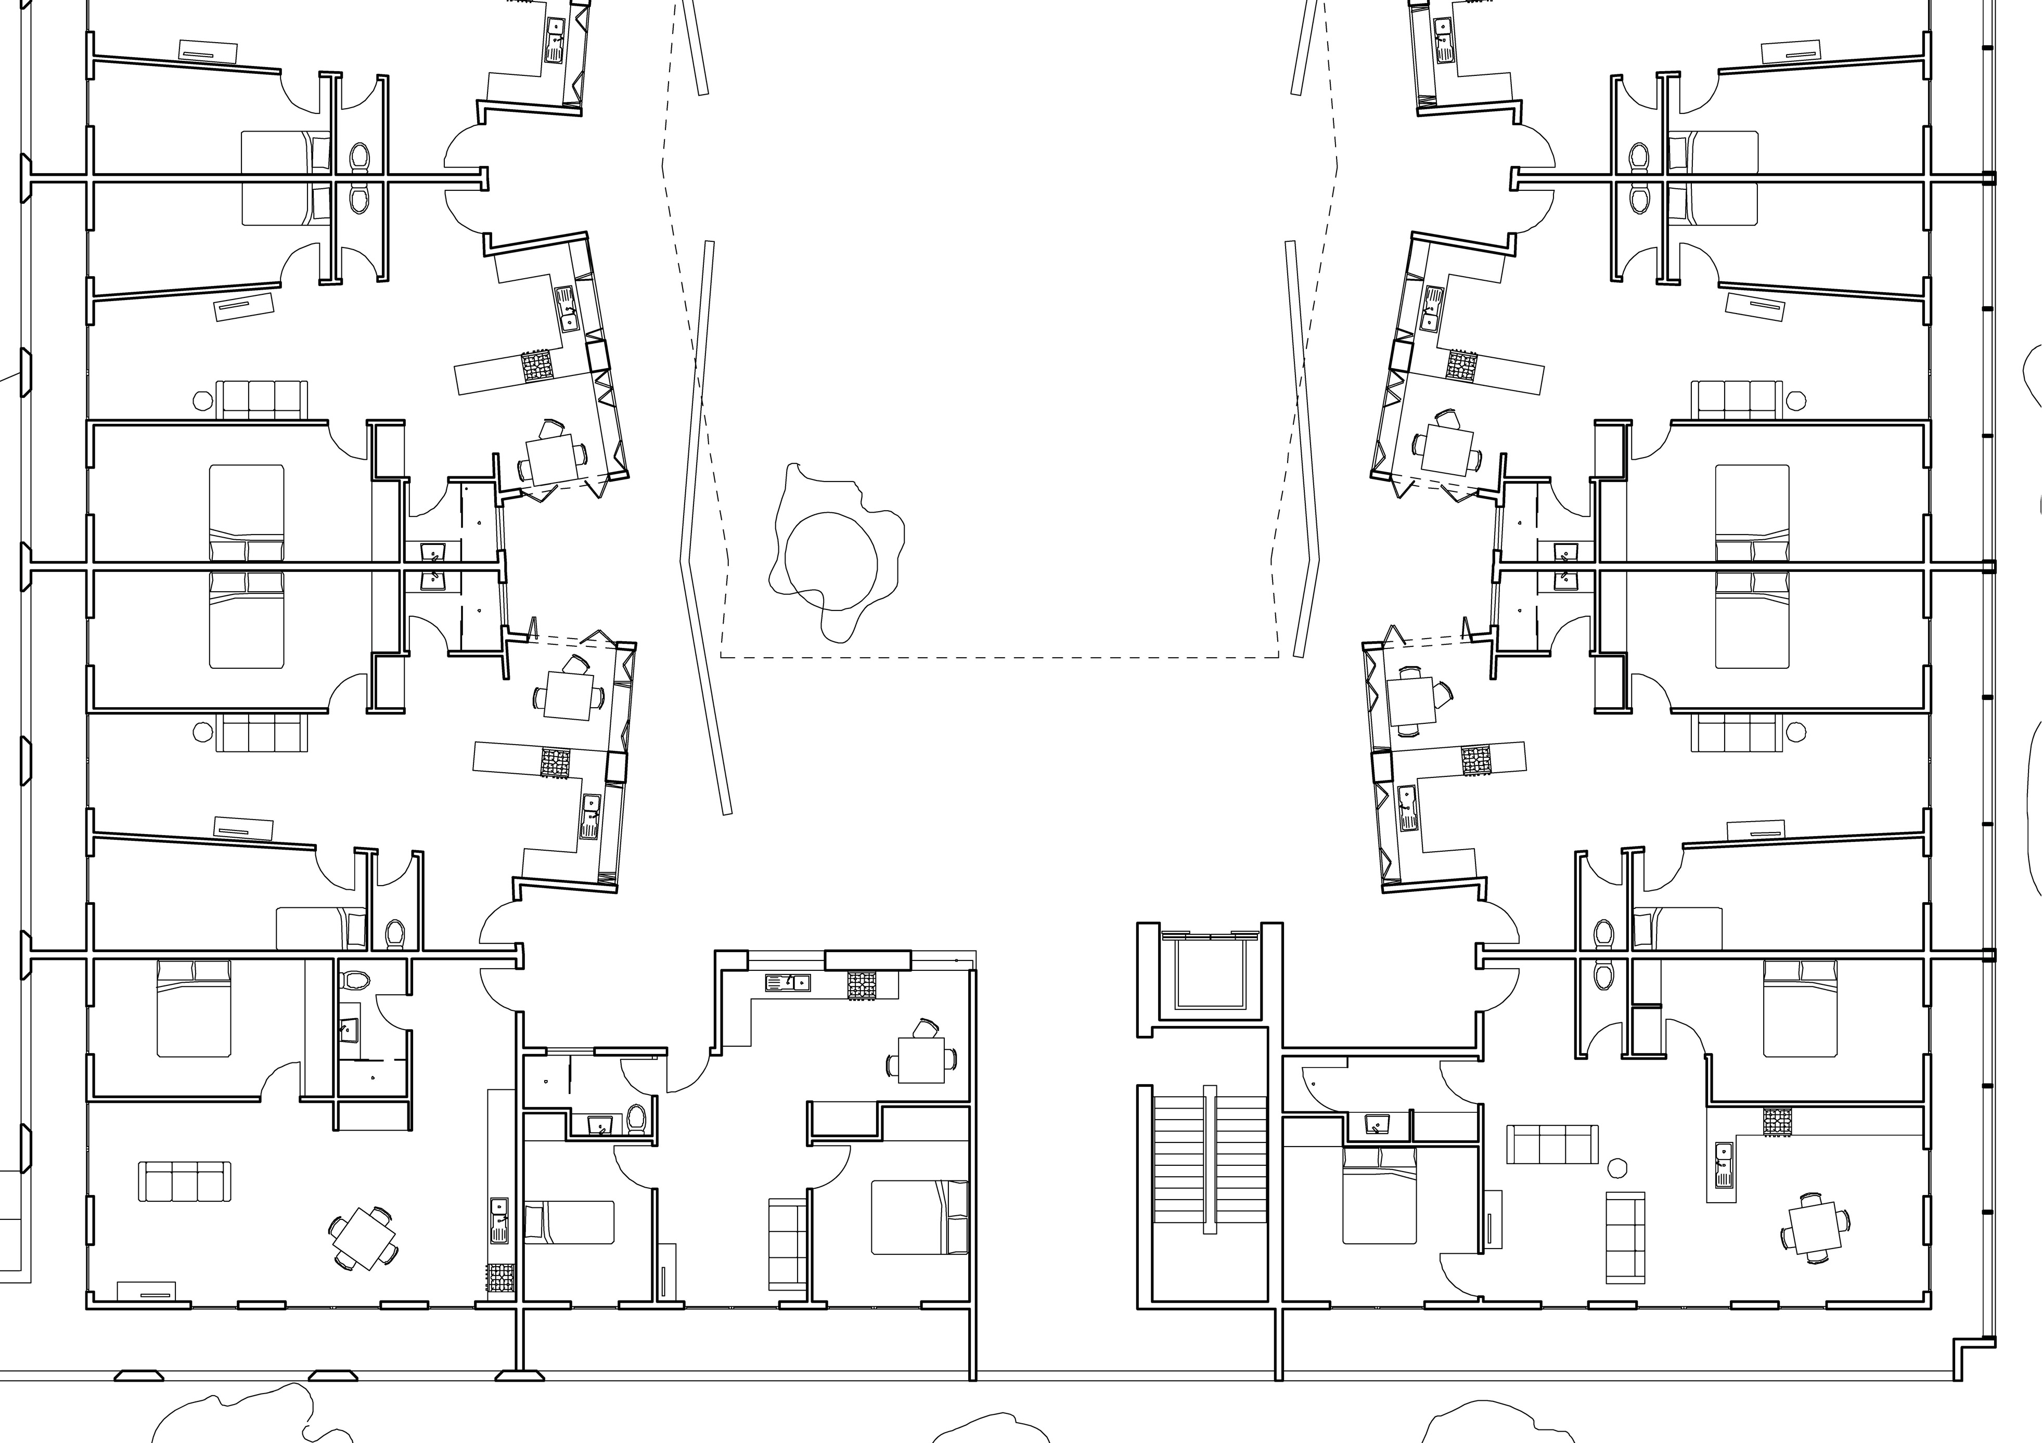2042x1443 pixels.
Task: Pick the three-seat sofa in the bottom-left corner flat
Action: (184, 1181)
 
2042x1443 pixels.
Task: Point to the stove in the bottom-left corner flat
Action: (500, 1277)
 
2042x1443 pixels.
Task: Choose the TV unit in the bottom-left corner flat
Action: (146, 1291)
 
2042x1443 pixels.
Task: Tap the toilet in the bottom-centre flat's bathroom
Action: (636, 1119)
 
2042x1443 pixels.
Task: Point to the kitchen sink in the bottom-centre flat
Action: (788, 982)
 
